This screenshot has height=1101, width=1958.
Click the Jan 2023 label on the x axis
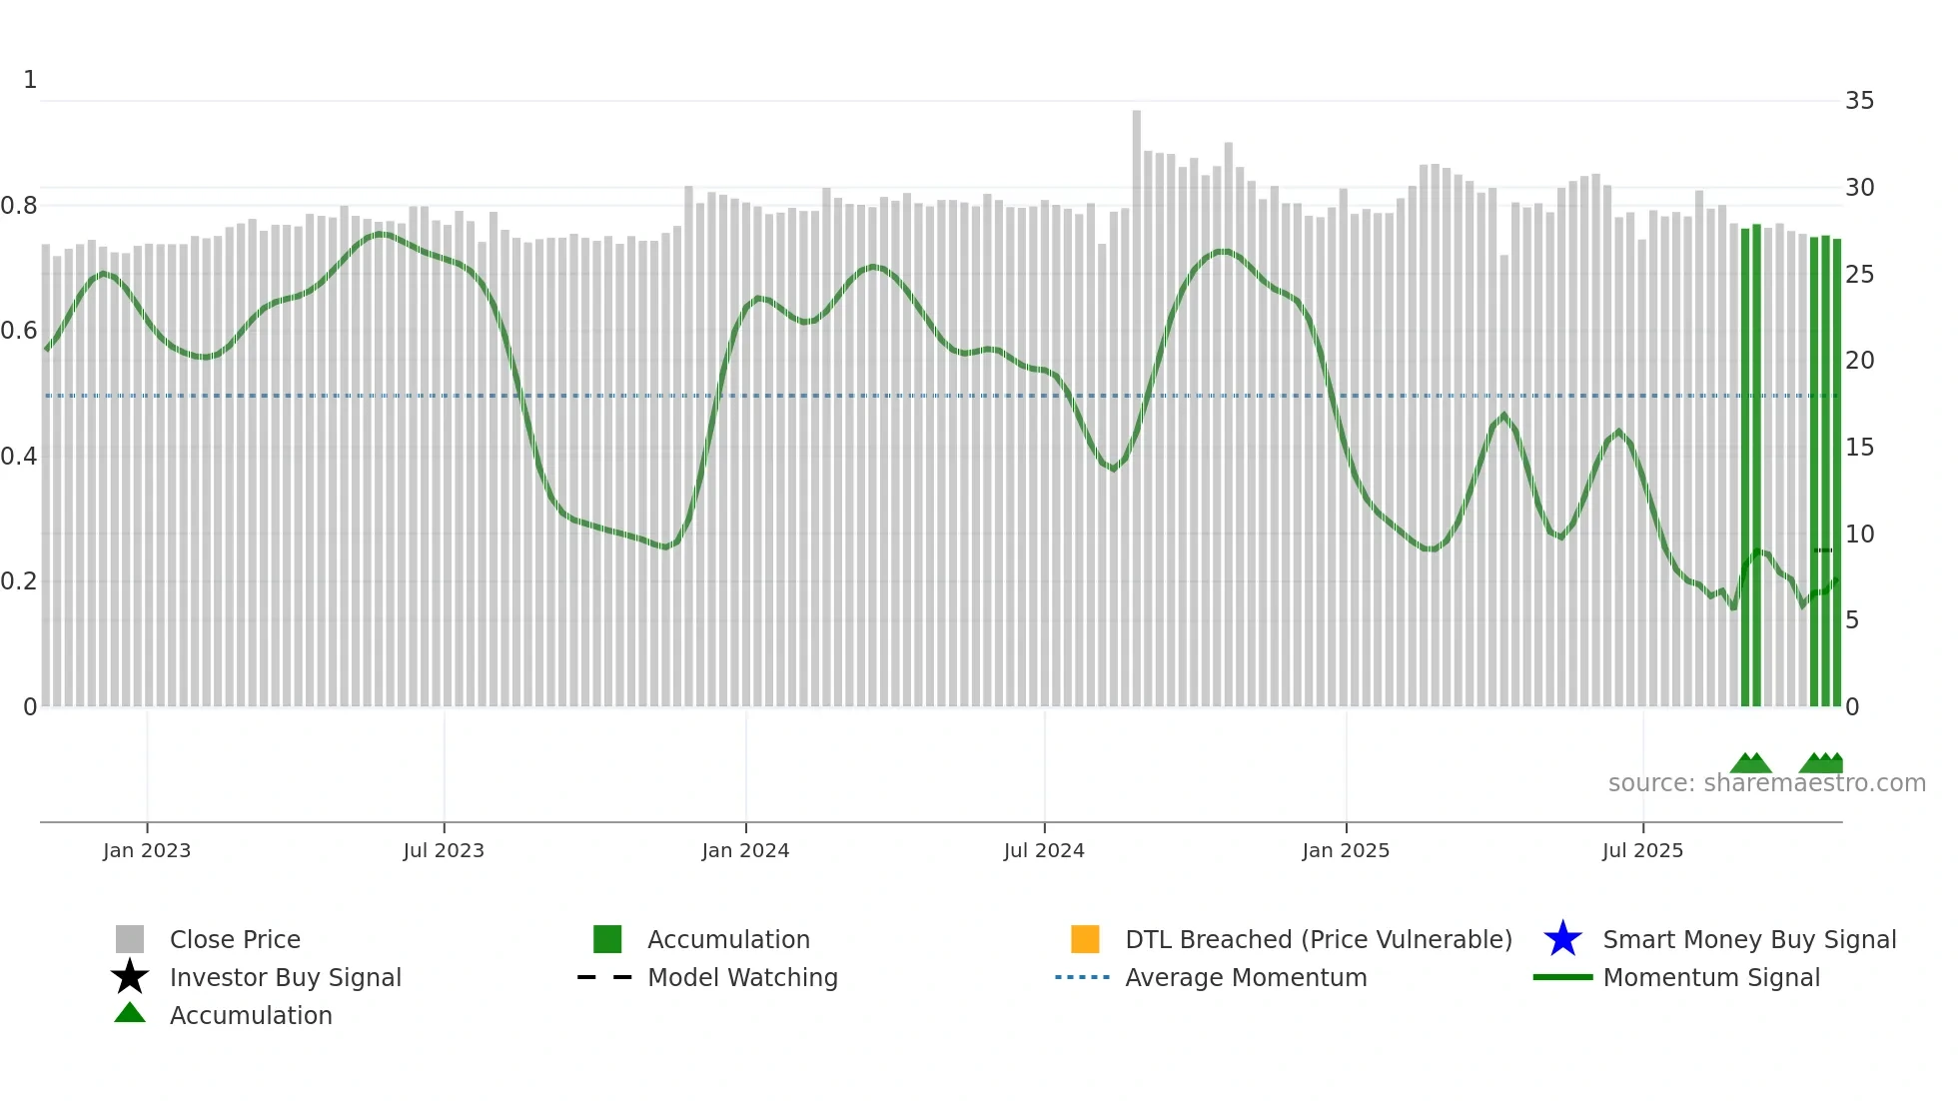(x=147, y=850)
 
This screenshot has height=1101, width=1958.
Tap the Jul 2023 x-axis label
(x=444, y=850)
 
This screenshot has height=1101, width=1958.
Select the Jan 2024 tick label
(x=745, y=850)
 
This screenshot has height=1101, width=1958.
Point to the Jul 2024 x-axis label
(x=1044, y=850)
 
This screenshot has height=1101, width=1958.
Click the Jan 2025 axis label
(x=1346, y=850)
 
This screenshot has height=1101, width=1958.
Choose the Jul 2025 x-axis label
(x=1642, y=850)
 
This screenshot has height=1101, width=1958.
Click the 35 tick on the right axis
(x=1859, y=101)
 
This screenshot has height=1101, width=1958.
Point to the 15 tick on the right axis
(x=1859, y=448)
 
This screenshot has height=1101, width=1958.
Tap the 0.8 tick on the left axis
(x=19, y=206)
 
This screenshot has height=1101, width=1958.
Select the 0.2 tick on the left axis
(x=19, y=581)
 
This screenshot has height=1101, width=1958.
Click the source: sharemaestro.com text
(x=1766, y=783)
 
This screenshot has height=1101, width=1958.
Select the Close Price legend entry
(x=235, y=939)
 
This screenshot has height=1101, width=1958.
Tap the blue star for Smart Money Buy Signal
(x=1562, y=939)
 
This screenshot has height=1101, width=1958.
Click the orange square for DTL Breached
(x=1085, y=939)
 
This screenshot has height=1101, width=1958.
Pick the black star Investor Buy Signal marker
(x=130, y=977)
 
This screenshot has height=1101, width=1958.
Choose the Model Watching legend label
(x=742, y=977)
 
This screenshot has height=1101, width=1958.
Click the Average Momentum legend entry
(x=1246, y=977)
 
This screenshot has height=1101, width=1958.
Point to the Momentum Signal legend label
(x=1711, y=977)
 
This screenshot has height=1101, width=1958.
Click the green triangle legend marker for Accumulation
(x=130, y=1013)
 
